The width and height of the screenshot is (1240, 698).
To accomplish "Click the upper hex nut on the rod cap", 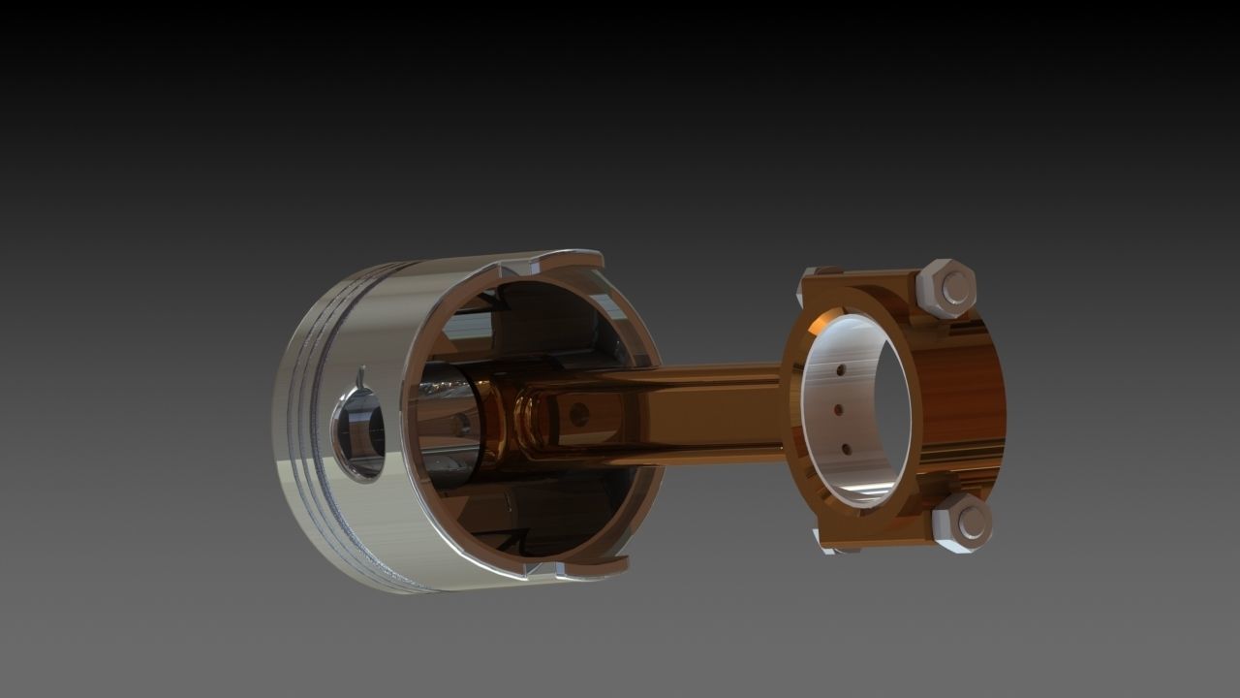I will [x=945, y=288].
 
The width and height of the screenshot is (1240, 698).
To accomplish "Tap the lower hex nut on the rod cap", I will [x=962, y=523].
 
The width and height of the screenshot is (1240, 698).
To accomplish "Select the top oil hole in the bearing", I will [x=842, y=369].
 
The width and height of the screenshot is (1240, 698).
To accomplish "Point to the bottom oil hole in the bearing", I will [x=846, y=449].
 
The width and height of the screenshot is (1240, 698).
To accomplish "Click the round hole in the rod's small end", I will [x=579, y=415].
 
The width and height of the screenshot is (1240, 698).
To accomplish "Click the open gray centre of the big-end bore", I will [x=886, y=407].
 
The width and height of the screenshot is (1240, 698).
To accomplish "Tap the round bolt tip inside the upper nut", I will [x=955, y=288].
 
